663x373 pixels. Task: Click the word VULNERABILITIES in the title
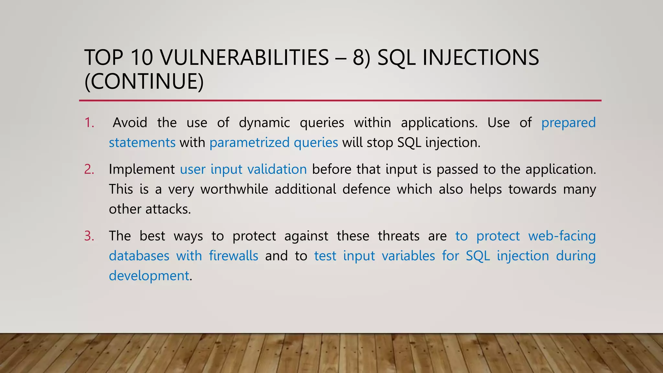244,58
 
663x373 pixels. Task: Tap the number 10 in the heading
142,58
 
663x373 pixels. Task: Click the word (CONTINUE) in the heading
144,81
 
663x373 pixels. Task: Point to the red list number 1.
89,123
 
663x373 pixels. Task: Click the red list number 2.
89,169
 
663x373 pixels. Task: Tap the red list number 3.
89,236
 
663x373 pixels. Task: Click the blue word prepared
568,123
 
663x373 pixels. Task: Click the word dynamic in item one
264,123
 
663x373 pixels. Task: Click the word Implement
141,169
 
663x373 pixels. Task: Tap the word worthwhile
234,189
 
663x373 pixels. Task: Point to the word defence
366,189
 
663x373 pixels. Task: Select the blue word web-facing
562,236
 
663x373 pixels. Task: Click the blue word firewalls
233,256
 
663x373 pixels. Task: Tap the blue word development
149,276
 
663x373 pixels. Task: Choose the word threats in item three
398,236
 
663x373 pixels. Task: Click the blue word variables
408,256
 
